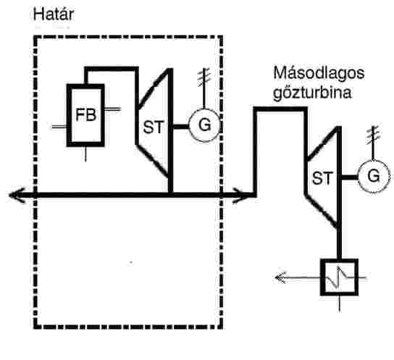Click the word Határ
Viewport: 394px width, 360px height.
pyautogui.click(x=54, y=14)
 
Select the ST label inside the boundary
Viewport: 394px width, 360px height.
pyautogui.click(x=154, y=127)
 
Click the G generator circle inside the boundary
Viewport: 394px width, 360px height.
pyautogui.click(x=204, y=125)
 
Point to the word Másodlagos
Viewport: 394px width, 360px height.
pyautogui.click(x=319, y=73)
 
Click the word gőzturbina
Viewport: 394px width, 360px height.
pyautogui.click(x=312, y=93)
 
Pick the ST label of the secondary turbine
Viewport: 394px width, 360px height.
pyautogui.click(x=322, y=178)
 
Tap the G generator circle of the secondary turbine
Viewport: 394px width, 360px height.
pyautogui.click(x=374, y=176)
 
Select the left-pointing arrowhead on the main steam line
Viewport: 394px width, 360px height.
pyautogui.click(x=17, y=195)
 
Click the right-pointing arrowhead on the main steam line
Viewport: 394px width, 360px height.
pyautogui.click(x=242, y=196)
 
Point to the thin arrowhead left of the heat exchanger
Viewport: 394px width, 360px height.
pyautogui.click(x=281, y=277)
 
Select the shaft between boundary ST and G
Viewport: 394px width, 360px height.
pyautogui.click(x=181, y=127)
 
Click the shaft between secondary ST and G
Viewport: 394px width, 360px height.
pyautogui.click(x=350, y=177)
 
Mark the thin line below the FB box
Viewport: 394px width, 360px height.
pyautogui.click(x=85, y=154)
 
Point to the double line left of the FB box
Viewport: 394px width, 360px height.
pyautogui.click(x=59, y=127)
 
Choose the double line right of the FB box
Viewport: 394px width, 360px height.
pyautogui.click(x=112, y=109)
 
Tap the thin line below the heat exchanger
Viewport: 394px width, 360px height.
pyautogui.click(x=340, y=304)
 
